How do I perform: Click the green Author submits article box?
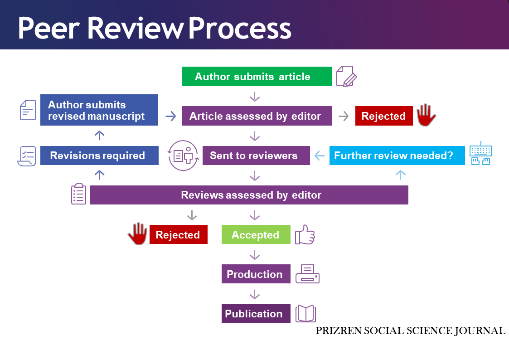[x=257, y=76]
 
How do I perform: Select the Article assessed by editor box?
[x=257, y=116]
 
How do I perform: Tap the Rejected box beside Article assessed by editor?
[x=384, y=116]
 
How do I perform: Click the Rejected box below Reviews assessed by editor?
[x=179, y=234]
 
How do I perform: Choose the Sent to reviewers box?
[x=256, y=156]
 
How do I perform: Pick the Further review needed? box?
[x=397, y=156]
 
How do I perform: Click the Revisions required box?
[x=99, y=156]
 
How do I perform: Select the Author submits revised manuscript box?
[x=99, y=110]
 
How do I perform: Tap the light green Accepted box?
[x=256, y=234]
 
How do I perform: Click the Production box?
[x=256, y=274]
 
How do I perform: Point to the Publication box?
[x=256, y=314]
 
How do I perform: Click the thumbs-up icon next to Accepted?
[x=305, y=234]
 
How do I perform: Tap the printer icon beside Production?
[x=307, y=274]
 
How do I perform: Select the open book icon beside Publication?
[x=305, y=314]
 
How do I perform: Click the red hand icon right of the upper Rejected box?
[x=426, y=115]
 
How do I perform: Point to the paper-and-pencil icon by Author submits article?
[x=346, y=76]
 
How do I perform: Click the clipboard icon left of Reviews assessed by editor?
[x=78, y=194]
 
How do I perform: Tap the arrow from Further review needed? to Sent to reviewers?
[x=320, y=156]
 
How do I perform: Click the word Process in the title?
[x=240, y=28]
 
